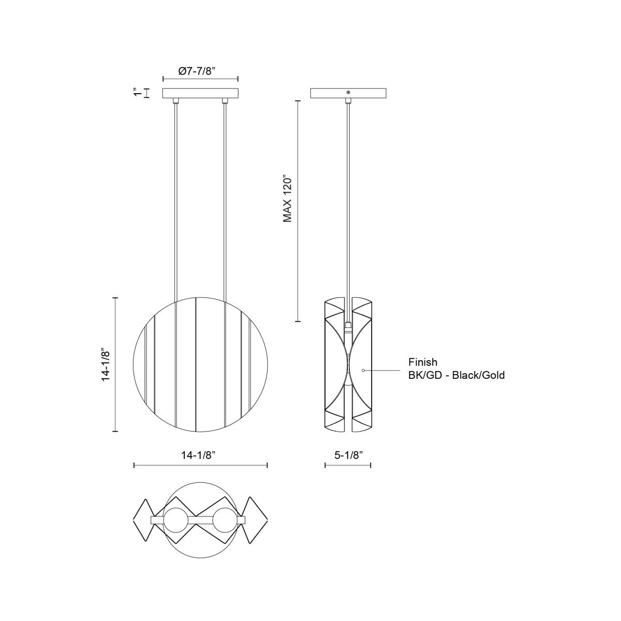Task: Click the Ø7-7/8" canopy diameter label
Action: pyautogui.click(x=197, y=71)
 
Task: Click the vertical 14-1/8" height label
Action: pyautogui.click(x=106, y=365)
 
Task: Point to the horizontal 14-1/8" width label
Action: pyautogui.click(x=198, y=455)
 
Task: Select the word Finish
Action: pyautogui.click(x=422, y=363)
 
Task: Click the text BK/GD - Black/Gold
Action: pyautogui.click(x=456, y=375)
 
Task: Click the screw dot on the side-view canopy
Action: pyautogui.click(x=348, y=93)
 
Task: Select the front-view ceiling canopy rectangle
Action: pyautogui.click(x=201, y=93)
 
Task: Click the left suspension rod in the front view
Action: pyautogui.click(x=176, y=207)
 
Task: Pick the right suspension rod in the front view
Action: pyautogui.click(x=225, y=207)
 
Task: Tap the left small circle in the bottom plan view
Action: pyautogui.click(x=176, y=520)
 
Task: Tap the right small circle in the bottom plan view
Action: pyautogui.click(x=225, y=520)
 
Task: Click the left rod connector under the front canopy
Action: pyautogui.click(x=176, y=100)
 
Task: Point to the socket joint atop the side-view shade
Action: pyautogui.click(x=348, y=327)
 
